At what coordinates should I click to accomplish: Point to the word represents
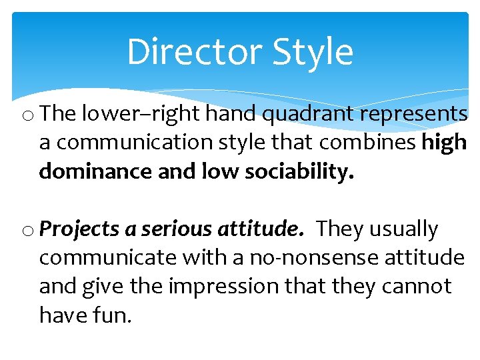[x=414, y=115]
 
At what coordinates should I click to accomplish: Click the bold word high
[x=444, y=143]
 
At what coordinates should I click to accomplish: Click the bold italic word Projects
[x=79, y=229]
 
